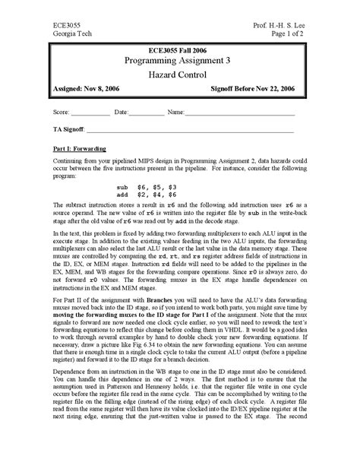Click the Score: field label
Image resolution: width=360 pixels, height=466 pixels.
[x=64, y=113]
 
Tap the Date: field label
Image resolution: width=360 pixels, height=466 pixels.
[x=122, y=113]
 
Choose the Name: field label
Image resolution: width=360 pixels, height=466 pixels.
[x=175, y=113]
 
